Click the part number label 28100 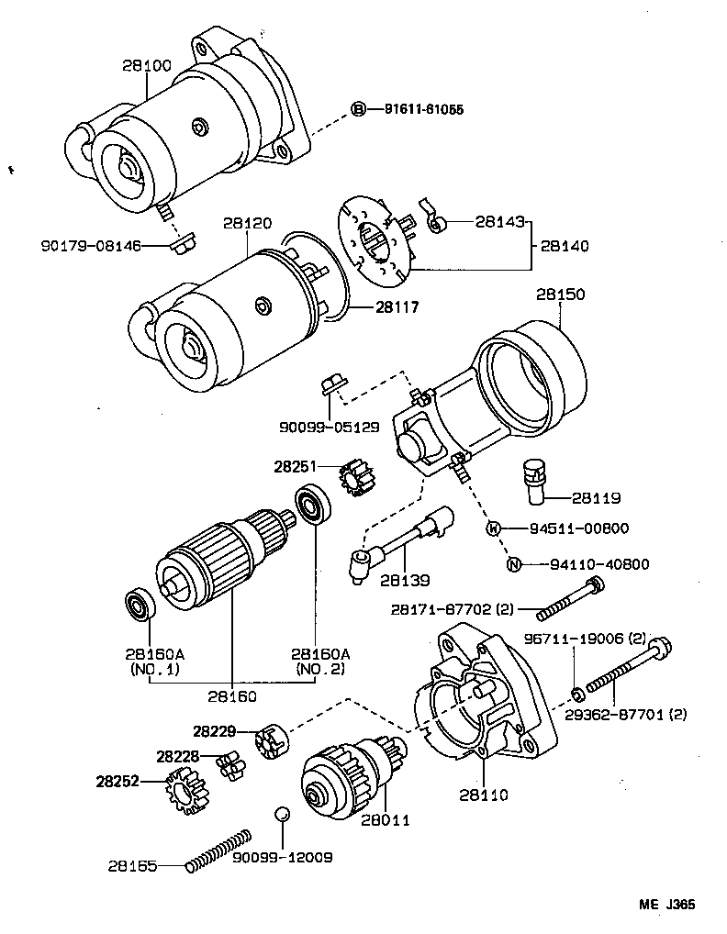(147, 66)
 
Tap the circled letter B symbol (359, 109)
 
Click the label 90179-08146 (90, 245)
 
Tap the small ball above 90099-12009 (283, 814)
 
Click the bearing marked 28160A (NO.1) (140, 606)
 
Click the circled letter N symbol (515, 564)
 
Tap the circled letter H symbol (493, 528)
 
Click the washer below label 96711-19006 (574, 690)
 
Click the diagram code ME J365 (666, 904)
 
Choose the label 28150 (560, 295)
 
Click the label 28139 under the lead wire (405, 581)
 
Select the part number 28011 (386, 819)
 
